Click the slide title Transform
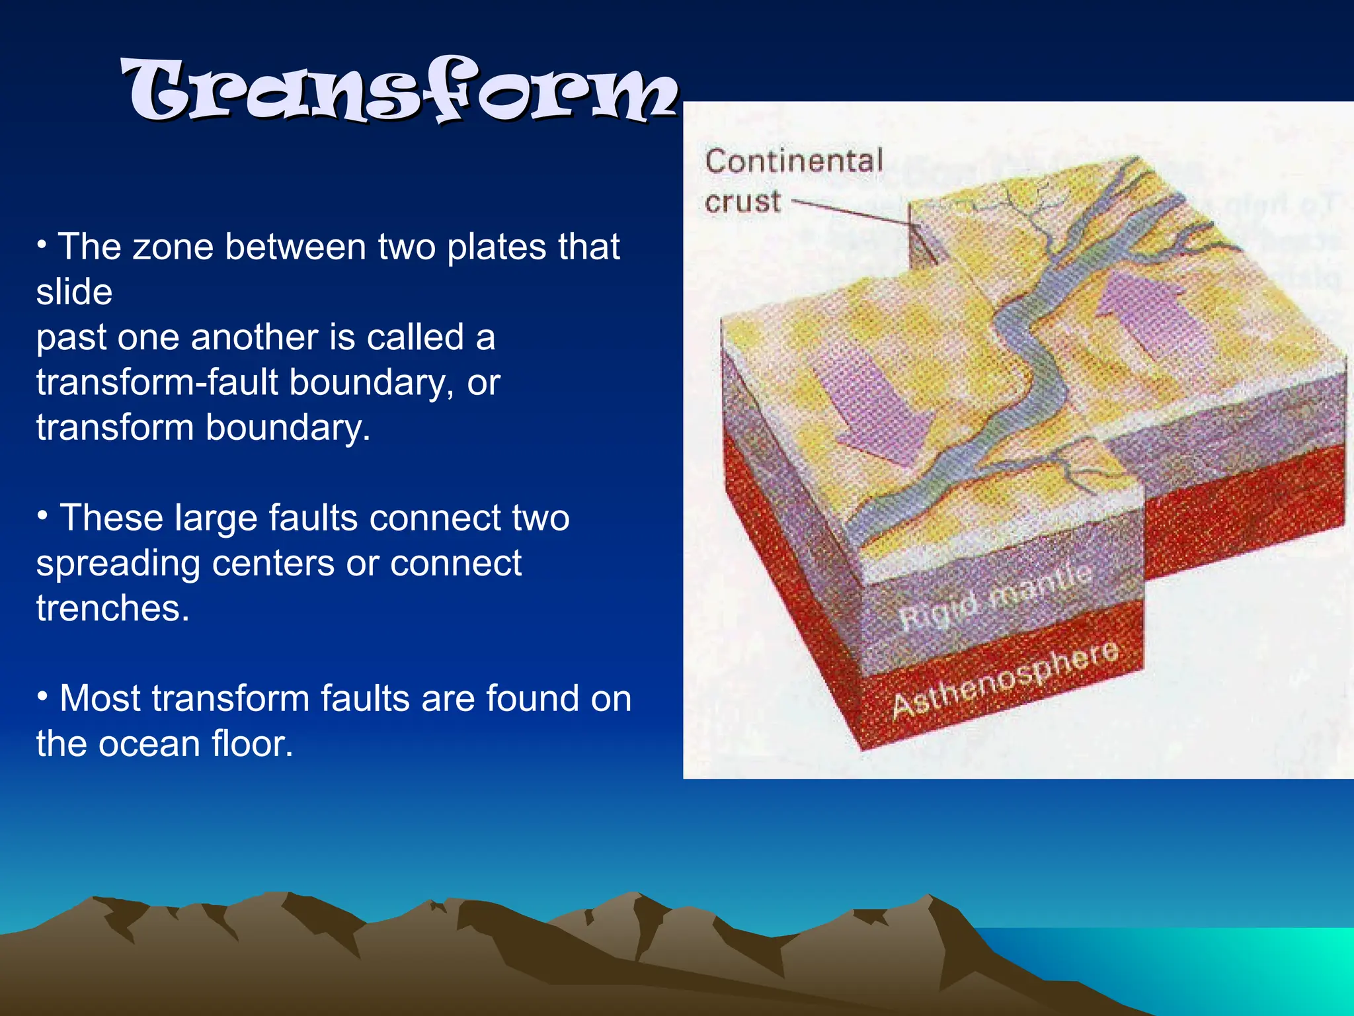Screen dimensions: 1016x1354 click(400, 91)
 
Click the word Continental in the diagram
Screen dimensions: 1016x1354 click(794, 161)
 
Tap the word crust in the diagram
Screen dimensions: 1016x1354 click(742, 201)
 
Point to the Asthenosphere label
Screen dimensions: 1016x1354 click(1005, 679)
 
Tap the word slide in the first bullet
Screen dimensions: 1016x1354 click(74, 292)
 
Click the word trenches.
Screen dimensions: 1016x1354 click(112, 608)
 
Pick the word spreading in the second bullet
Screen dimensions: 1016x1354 click(118, 564)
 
